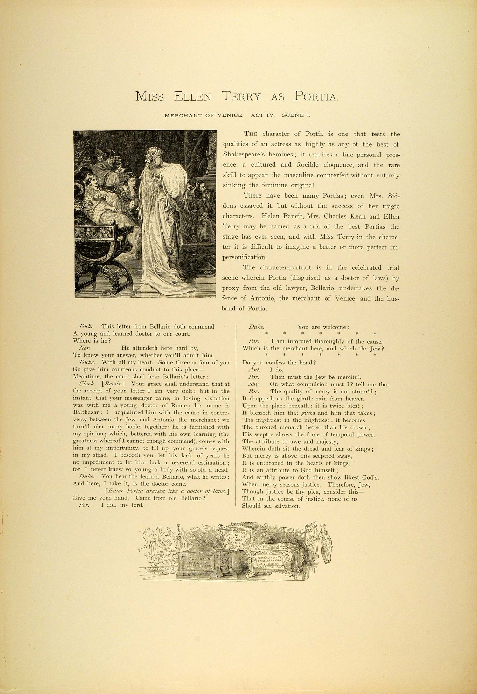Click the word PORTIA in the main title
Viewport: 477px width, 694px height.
click(x=316, y=96)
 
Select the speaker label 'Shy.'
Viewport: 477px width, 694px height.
click(x=254, y=384)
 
